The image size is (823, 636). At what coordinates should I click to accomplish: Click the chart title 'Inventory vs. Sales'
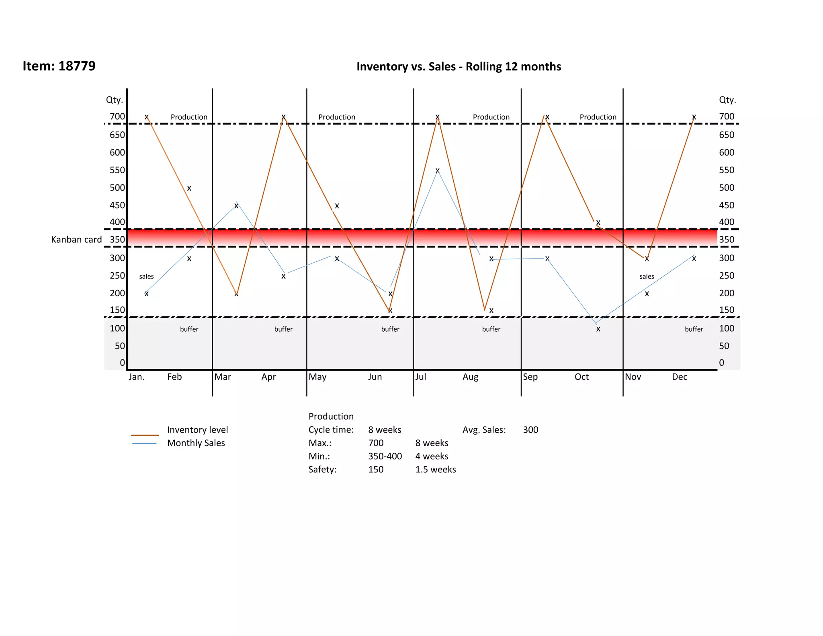coord(459,67)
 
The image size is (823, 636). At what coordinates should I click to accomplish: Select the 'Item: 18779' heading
coord(59,66)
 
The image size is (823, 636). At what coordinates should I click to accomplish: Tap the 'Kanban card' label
coord(76,240)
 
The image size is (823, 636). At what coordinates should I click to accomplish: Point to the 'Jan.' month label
coord(137,377)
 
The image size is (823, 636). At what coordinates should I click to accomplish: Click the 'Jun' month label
coord(375,377)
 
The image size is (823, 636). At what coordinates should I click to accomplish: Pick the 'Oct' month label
coord(581,377)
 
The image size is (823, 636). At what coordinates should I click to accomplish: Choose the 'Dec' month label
coord(680,377)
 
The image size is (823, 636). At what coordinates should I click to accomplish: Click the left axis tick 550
coord(117,170)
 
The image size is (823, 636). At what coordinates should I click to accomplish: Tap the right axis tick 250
coord(727,276)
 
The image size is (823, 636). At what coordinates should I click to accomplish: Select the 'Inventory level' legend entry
coord(197,430)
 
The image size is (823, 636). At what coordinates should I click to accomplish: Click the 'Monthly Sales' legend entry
coord(196,443)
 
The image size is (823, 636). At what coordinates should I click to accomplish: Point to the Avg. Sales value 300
coord(530,430)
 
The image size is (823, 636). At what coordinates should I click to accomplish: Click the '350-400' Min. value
coord(385,456)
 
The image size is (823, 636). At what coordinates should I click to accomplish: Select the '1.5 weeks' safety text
coord(436,470)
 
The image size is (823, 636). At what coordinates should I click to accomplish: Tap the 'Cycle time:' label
coord(331,430)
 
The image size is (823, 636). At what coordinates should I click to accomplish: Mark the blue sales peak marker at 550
coord(438,170)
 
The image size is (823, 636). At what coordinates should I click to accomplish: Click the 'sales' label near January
coord(146,277)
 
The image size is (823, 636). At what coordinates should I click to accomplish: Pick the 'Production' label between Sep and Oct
coord(598,117)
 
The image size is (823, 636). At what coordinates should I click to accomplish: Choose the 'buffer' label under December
coord(694,329)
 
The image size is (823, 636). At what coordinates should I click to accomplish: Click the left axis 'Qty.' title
coord(115,100)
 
